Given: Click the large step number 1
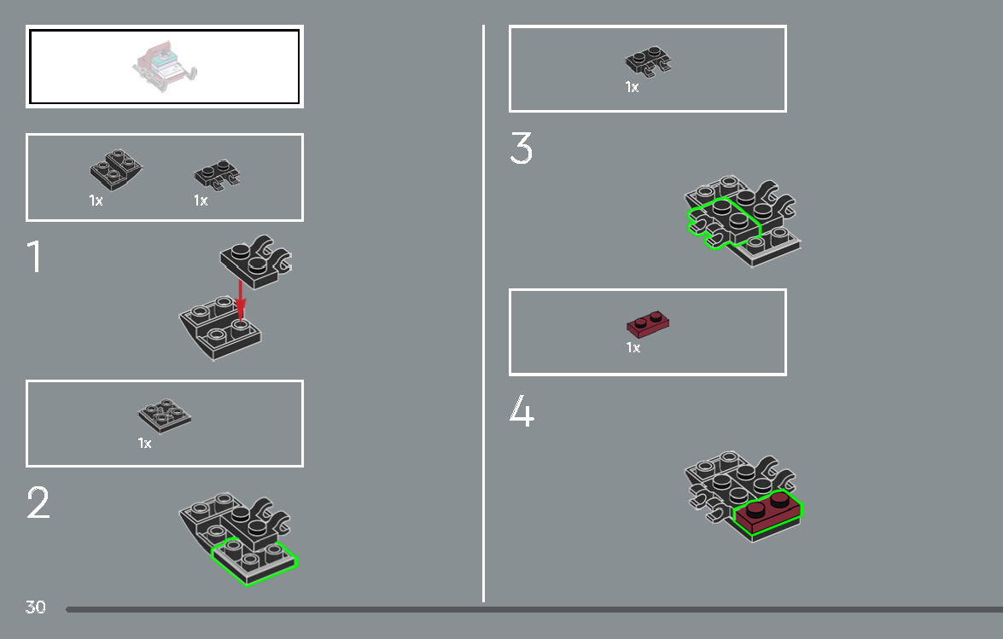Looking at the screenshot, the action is [34, 256].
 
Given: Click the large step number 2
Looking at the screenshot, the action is [38, 502].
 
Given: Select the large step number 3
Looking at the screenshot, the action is [522, 148].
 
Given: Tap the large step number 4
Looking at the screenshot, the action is [522, 410].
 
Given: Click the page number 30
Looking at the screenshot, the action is [35, 607].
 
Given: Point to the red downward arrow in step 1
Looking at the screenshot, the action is [240, 299].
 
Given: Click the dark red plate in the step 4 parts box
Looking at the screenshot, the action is [648, 324].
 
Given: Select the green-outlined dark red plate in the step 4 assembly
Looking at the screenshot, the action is [767, 511].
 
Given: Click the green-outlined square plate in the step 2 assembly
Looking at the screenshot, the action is [254, 561].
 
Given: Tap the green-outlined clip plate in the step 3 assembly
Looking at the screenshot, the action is [723, 224].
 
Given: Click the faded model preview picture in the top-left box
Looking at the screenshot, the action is [165, 67].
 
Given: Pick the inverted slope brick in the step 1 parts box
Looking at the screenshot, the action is [116, 170].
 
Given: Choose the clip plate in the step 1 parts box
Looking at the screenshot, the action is [218, 174].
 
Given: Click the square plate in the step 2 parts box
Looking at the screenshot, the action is [165, 415].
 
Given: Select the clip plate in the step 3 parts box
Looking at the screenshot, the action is [648, 61].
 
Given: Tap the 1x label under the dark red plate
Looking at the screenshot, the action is [633, 347].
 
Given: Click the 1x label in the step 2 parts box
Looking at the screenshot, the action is [144, 443].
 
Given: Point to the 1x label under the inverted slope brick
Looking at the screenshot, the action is [96, 200].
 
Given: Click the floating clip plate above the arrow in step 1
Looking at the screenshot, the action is [256, 261].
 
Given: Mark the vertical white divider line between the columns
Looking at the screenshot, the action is [484, 313].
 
